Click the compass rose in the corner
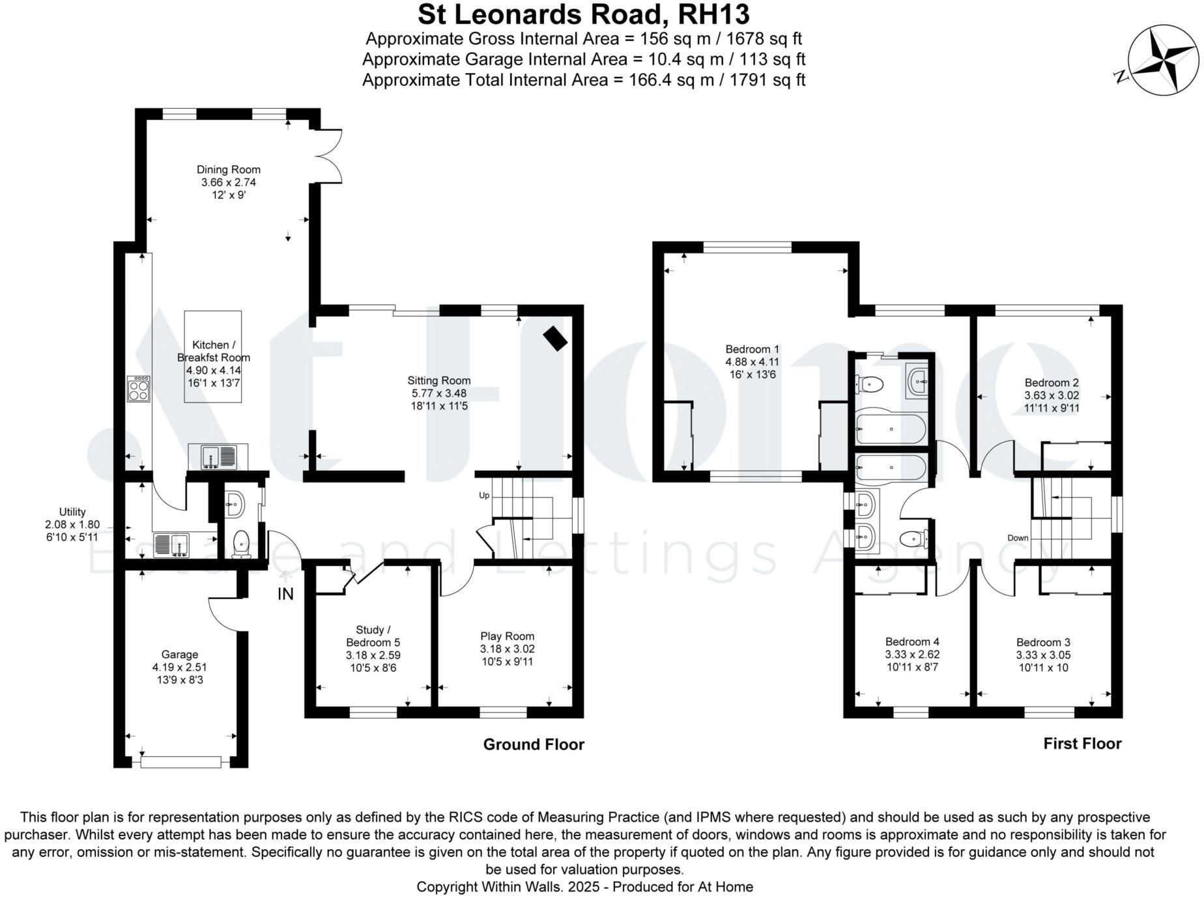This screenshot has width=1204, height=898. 1163,59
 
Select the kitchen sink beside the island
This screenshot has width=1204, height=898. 213,456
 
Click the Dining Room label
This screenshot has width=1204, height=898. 229,169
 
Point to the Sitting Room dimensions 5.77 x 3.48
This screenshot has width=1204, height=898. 439,393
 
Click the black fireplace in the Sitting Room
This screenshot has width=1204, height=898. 555,338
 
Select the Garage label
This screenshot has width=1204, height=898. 180,654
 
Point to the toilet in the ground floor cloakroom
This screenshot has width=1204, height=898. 242,544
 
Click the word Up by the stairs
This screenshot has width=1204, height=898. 484,496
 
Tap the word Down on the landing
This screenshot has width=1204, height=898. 1018,538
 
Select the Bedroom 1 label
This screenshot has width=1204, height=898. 752,349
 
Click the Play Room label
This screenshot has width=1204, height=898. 508,636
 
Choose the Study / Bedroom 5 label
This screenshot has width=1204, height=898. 373,636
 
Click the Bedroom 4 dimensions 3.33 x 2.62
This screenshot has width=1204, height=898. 912,654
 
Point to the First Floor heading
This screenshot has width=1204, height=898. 1082,744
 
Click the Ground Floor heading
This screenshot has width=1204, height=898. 534,744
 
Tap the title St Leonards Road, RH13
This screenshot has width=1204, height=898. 584,14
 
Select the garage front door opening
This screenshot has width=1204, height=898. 181,761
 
